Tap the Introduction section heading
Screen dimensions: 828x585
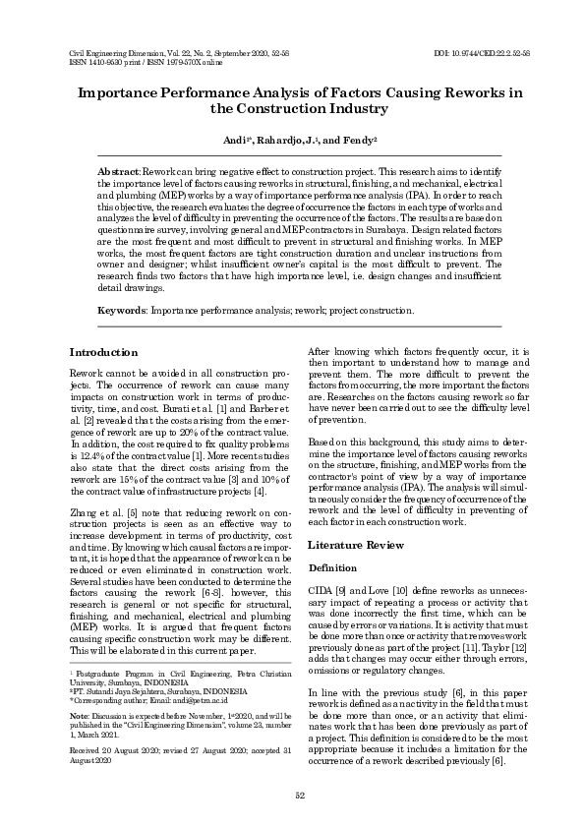[103, 352]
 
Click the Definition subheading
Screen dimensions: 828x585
[331, 568]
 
